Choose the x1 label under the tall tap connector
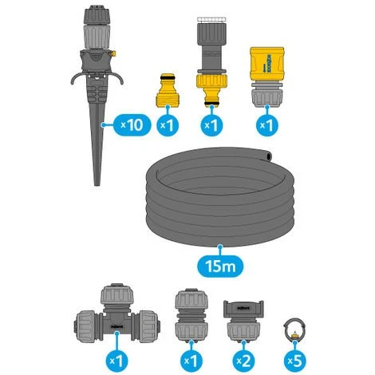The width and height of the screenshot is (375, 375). point(211,124)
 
